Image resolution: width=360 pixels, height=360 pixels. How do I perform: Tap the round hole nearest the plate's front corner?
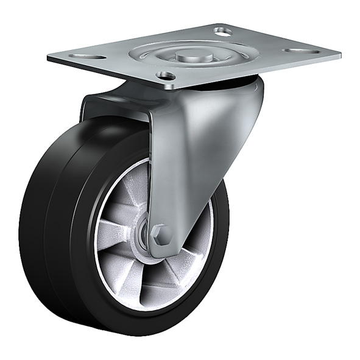coord(165,76)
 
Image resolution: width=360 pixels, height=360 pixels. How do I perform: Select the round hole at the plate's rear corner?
coord(223,30)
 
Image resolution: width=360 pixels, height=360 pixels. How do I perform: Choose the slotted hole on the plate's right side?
coord(302,51)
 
